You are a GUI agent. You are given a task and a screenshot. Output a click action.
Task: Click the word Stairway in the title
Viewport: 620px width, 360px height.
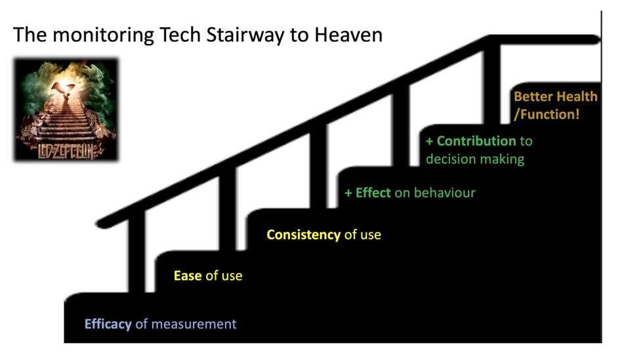(x=245, y=35)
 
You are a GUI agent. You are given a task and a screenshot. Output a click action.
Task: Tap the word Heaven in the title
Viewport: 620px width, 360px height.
(x=348, y=35)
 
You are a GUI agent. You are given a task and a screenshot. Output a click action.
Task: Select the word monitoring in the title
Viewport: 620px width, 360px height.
(x=103, y=35)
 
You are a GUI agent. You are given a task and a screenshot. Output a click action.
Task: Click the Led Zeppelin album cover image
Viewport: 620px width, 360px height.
(x=66, y=110)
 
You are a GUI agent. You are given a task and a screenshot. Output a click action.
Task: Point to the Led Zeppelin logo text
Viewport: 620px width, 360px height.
(x=66, y=151)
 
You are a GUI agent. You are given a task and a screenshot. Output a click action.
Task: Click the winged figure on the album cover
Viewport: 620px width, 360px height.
(x=64, y=91)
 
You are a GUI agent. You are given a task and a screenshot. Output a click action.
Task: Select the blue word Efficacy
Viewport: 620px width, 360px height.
(x=108, y=324)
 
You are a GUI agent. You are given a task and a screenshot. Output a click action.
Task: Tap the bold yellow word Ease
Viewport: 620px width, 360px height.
(x=188, y=275)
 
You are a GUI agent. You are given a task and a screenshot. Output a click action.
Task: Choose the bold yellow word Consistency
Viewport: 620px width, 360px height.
(x=303, y=235)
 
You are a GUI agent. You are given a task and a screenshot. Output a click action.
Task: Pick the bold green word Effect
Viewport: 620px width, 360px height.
(x=373, y=192)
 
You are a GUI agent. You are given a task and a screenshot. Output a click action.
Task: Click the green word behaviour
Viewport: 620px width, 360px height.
(x=445, y=192)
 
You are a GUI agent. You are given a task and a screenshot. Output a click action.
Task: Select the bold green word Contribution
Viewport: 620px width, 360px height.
(x=476, y=141)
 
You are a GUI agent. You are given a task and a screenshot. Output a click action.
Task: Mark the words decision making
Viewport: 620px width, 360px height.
(x=475, y=159)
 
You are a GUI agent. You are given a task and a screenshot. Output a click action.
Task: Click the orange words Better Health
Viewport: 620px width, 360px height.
(x=556, y=96)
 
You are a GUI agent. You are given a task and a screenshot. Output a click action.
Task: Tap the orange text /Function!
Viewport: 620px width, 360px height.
(x=547, y=114)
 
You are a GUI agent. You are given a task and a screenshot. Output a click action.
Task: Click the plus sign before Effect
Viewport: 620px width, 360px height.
(x=348, y=193)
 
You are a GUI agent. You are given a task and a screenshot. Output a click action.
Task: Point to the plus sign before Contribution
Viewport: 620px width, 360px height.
(x=430, y=141)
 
